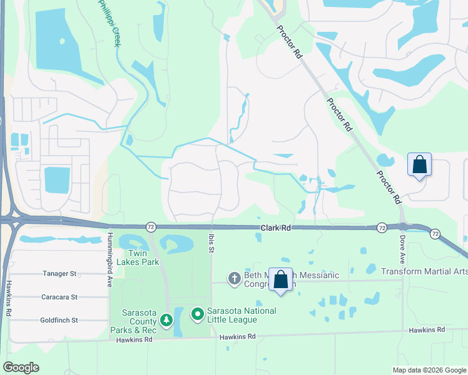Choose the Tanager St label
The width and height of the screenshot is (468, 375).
[x=59, y=274]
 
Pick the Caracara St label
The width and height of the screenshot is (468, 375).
[x=60, y=297]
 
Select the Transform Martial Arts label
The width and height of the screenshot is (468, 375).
[x=424, y=271]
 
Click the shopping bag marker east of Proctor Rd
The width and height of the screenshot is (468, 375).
[x=419, y=165]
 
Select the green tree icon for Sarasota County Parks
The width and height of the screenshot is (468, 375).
[x=166, y=321]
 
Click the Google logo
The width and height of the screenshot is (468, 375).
[x=21, y=367]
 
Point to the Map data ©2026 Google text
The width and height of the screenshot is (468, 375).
[x=429, y=370]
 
